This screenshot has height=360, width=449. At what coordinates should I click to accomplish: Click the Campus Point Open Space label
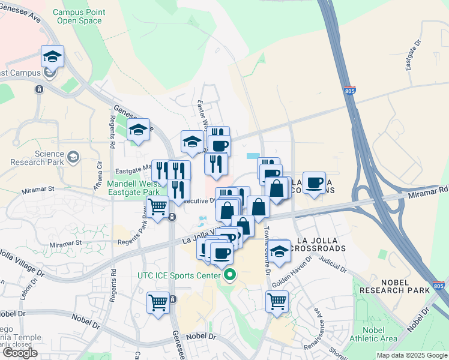click(79, 16)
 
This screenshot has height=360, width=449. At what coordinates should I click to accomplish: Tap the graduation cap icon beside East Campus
click(52, 57)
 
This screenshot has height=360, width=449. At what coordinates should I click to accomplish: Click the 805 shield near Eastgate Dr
click(350, 91)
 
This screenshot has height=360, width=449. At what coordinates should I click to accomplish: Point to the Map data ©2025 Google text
click(412, 355)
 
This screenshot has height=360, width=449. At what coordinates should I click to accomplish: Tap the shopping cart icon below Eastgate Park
click(157, 208)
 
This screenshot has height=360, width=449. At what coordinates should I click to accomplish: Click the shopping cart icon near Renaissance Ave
click(277, 301)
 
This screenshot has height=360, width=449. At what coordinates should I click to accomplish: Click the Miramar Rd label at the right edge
click(428, 191)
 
